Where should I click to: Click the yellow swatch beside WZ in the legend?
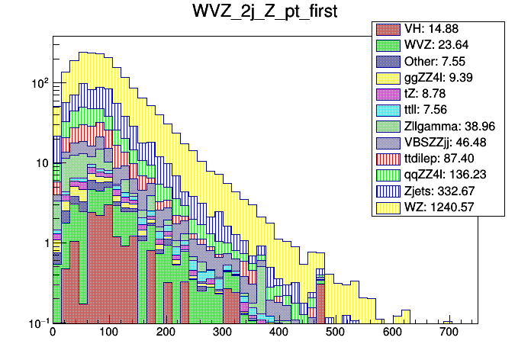388,206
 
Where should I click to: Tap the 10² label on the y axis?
38,82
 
